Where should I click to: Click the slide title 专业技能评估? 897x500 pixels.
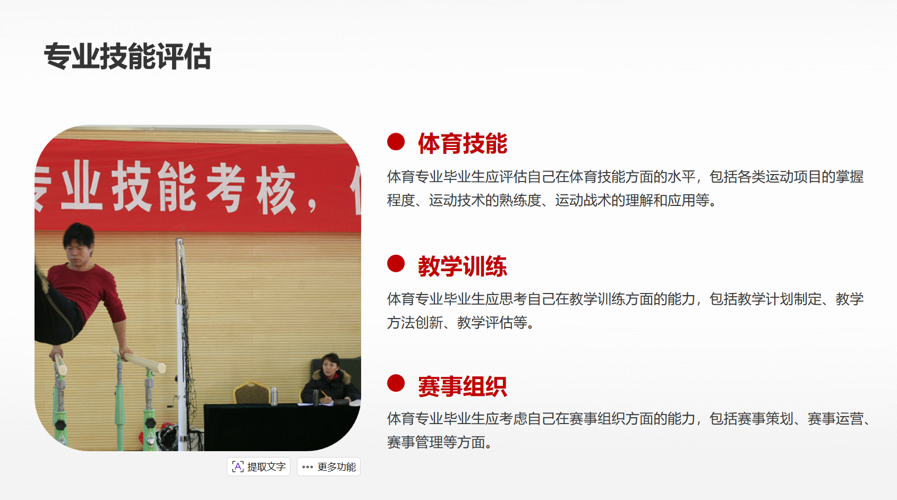click(x=128, y=56)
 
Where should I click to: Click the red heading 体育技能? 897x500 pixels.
click(x=463, y=143)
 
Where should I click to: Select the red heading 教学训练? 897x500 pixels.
click(x=463, y=266)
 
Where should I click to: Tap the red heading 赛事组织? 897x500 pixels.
click(x=463, y=386)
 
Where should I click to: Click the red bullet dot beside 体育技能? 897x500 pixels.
click(x=396, y=142)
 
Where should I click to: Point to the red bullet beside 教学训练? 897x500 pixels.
click(x=396, y=263)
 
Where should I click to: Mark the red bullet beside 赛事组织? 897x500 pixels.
click(x=396, y=383)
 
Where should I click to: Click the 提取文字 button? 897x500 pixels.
click(x=259, y=467)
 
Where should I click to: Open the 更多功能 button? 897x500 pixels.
click(x=329, y=467)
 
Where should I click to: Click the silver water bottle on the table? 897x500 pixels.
click(x=274, y=396)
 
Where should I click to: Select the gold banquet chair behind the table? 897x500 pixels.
click(x=252, y=393)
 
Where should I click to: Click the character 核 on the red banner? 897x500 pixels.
click(x=276, y=189)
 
